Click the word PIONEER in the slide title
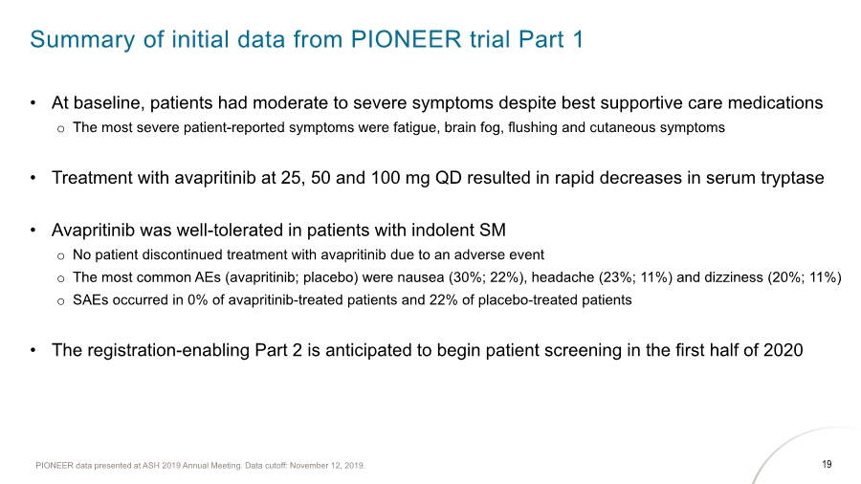coord(406,39)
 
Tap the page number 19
coord(827,464)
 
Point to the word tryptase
coord(792,178)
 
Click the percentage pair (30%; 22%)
coord(487,277)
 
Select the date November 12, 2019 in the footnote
coord(327,466)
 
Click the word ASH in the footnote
coord(150,466)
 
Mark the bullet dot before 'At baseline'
coord(33,103)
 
